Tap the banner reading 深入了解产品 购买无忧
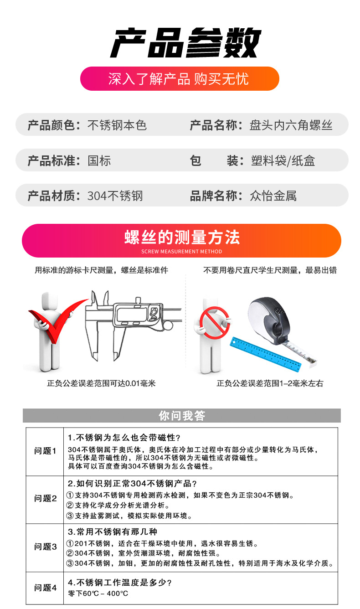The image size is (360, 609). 179,78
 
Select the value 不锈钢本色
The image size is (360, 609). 117,125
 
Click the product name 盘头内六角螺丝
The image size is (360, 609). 291,125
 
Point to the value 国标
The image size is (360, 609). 99,160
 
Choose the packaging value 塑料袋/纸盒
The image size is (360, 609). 283,160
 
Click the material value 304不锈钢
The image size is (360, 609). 115,196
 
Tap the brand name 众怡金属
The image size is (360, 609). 273,196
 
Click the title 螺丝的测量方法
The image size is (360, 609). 181,237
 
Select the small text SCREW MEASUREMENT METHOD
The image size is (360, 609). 181,252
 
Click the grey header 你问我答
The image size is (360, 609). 181,416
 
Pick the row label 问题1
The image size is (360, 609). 45,451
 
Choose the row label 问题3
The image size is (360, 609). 45,547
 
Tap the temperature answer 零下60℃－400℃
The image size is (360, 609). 98,594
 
